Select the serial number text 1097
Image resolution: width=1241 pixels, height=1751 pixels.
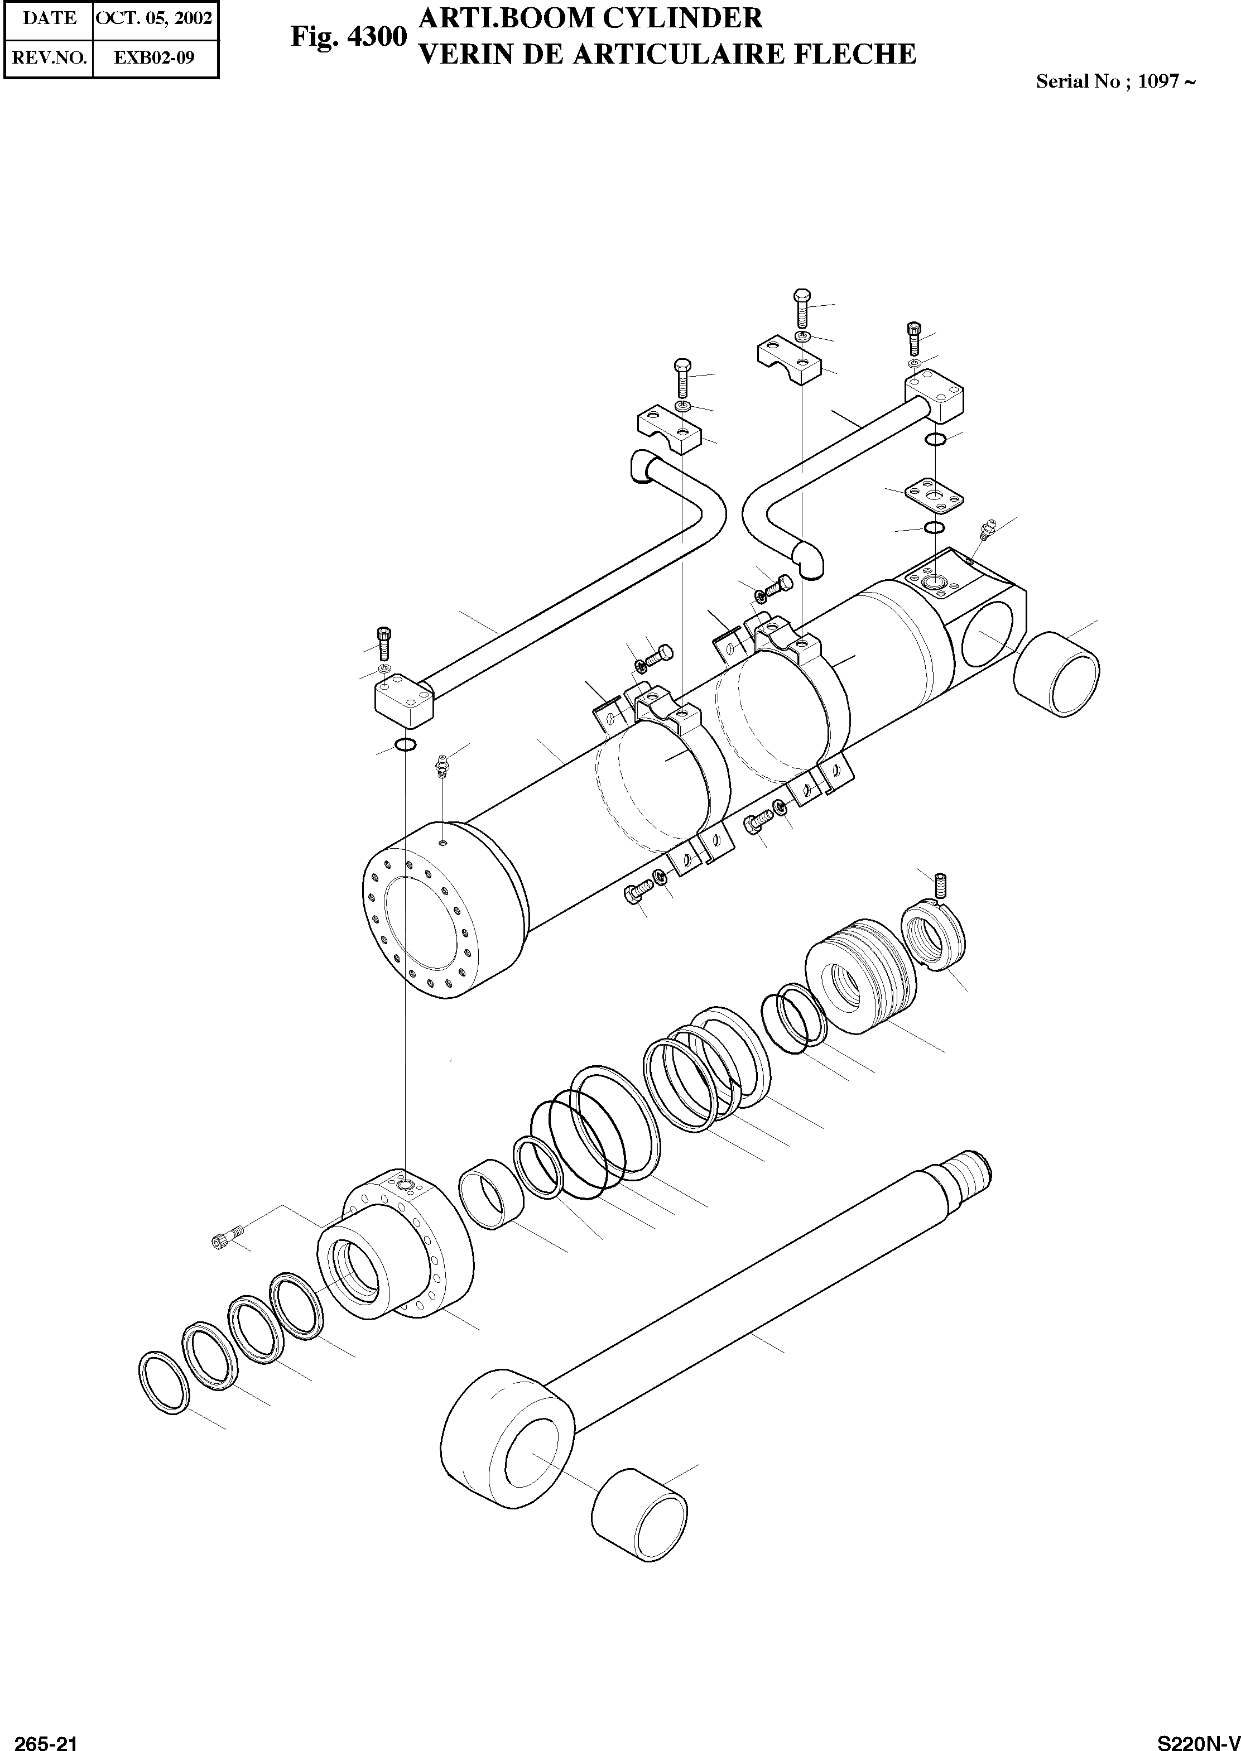click(x=1158, y=81)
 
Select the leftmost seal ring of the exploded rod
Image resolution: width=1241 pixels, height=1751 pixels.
click(x=163, y=1380)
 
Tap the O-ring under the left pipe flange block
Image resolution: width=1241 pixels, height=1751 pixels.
click(x=406, y=745)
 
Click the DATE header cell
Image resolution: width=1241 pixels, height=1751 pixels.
click(x=49, y=18)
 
